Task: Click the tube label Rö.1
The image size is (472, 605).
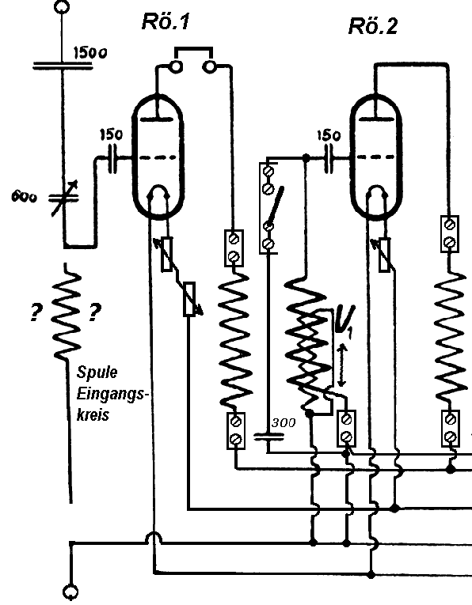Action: (166, 21)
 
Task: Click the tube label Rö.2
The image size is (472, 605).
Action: (373, 27)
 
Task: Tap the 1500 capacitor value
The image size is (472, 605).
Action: (90, 53)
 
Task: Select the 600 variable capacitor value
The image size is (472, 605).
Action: (24, 197)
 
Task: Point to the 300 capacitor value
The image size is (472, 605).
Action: (284, 423)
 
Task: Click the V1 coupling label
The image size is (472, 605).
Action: (344, 321)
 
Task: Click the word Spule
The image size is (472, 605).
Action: (97, 372)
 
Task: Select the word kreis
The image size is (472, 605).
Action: (93, 415)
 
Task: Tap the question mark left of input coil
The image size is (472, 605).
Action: (36, 312)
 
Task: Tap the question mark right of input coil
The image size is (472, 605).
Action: (95, 312)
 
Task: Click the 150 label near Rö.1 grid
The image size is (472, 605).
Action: (112, 134)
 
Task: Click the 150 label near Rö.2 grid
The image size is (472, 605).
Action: (329, 135)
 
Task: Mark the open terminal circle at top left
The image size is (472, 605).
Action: (62, 6)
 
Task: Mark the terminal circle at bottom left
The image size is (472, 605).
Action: (70, 592)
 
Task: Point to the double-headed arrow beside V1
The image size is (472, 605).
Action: (341, 366)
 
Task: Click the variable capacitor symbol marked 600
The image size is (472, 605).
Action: (63, 199)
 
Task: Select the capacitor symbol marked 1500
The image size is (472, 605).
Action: (63, 66)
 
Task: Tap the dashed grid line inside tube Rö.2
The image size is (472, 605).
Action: (375, 157)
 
